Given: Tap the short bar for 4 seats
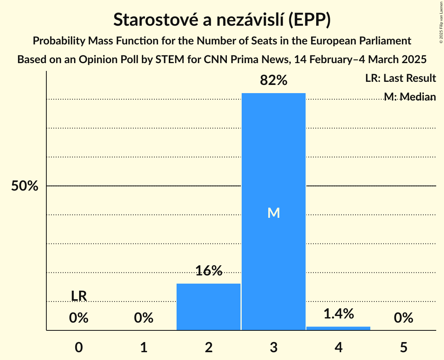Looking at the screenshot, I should click(338, 328).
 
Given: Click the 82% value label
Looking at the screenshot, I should click(273, 81).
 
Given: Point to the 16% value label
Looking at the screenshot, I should click(209, 270).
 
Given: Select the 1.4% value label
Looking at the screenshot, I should click(338, 313).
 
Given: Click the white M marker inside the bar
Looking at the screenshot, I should click(274, 213).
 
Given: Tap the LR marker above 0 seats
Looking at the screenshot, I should click(79, 296).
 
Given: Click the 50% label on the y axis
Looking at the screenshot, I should click(25, 186).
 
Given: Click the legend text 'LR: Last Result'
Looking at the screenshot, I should click(400, 78).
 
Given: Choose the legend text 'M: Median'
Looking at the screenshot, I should click(409, 97).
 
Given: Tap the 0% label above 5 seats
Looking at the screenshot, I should click(403, 318).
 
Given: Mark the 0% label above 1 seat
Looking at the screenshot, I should click(144, 318).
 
